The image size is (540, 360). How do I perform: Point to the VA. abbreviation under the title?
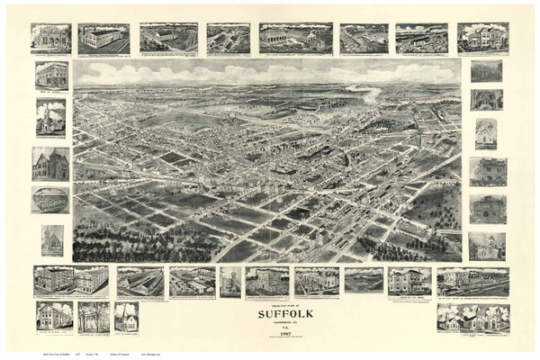[x=269, y=326]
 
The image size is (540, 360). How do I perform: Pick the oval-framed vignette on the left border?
[x=50, y=200]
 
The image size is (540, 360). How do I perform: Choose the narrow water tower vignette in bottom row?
[x=230, y=282]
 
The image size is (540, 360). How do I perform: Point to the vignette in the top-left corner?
[x=50, y=38]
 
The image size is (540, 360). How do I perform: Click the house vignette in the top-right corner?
[x=482, y=38]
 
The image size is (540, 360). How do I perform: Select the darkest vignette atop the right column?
[x=486, y=71]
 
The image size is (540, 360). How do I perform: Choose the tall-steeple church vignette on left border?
[x=50, y=117]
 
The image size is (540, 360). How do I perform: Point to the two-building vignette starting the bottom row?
[x=71, y=281]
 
